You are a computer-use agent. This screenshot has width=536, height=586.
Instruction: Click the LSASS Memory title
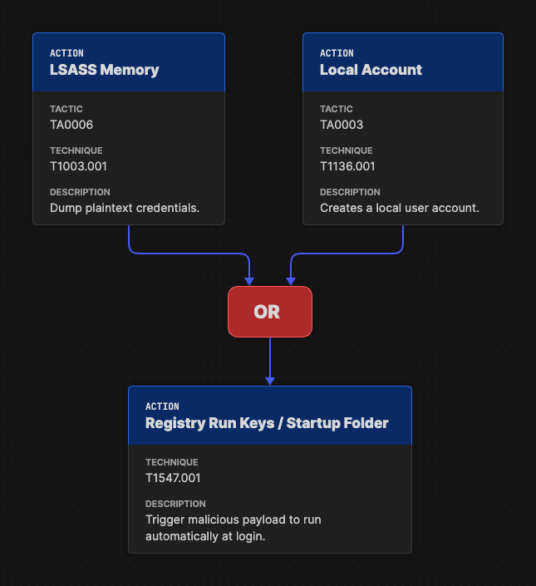(104, 70)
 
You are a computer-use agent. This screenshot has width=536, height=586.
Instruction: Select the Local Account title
(371, 70)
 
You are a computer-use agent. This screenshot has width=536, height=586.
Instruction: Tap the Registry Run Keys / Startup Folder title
(267, 423)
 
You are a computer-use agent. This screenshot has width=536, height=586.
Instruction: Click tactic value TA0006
(71, 125)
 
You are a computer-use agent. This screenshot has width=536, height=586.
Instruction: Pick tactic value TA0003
(342, 125)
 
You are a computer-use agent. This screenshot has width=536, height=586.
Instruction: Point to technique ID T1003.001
(78, 166)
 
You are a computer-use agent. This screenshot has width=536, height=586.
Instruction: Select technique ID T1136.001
(347, 166)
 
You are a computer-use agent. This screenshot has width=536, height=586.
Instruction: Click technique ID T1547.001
(173, 478)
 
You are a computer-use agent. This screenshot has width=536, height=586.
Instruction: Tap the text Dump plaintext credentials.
(125, 208)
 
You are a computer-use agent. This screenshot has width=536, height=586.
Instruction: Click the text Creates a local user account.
(400, 208)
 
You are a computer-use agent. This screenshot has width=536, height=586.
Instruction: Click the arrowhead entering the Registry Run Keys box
(270, 381)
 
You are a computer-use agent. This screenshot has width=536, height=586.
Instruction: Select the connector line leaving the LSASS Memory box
(130, 241)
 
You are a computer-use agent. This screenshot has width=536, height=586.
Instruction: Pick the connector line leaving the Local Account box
(403, 241)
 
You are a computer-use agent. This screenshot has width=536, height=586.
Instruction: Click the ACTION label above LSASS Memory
(66, 53)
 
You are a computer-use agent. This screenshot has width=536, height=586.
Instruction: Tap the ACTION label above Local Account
(337, 53)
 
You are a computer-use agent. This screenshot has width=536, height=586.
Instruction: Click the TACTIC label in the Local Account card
(336, 109)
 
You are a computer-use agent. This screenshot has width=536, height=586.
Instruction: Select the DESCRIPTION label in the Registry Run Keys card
(175, 504)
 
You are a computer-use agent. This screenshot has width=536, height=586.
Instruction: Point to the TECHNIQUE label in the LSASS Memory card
(76, 150)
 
